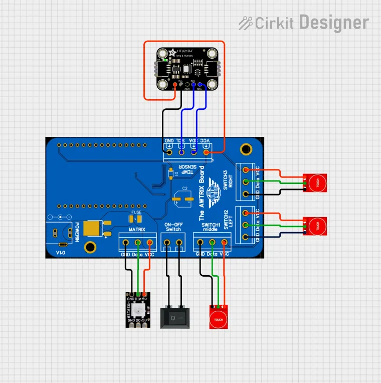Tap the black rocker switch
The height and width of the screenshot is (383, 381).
pyautogui.click(x=174, y=318)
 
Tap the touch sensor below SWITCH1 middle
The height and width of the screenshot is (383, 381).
pyautogui.click(x=219, y=317)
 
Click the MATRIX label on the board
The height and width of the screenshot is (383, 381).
pyautogui.click(x=137, y=230)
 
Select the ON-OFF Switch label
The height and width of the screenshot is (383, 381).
pyautogui.click(x=173, y=226)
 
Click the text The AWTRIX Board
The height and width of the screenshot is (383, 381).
pyautogui.click(x=202, y=193)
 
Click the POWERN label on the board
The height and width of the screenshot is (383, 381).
pyautogui.click(x=77, y=233)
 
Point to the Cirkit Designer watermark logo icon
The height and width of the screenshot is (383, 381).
pyautogui.click(x=245, y=23)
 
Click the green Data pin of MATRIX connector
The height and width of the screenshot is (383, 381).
pyautogui.click(x=138, y=243)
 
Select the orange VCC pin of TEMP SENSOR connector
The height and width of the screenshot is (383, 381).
pyautogui.click(x=206, y=151)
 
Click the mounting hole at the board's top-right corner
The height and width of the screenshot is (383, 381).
pyautogui.click(x=246, y=148)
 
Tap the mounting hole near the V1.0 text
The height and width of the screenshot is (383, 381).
pyautogui.click(x=90, y=247)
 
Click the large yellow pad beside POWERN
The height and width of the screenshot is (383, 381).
pyautogui.click(x=94, y=229)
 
